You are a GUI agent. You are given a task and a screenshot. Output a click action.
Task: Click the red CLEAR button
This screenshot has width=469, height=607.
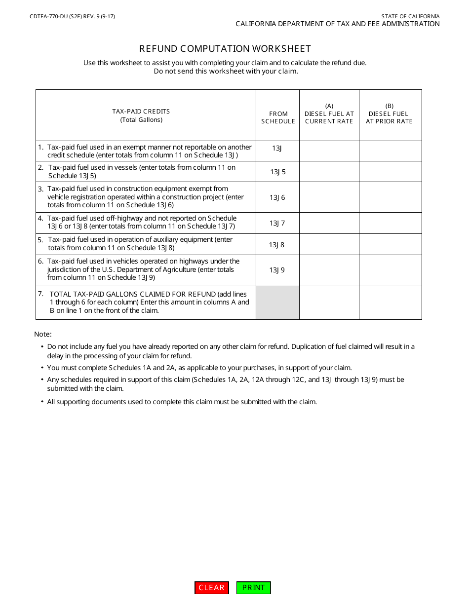(212, 588)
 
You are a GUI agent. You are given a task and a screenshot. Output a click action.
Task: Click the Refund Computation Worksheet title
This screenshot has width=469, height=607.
(225, 48)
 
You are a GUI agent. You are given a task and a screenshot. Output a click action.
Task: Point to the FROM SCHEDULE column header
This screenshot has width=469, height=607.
(278, 117)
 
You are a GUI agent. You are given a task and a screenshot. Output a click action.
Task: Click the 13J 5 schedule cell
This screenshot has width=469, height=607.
(277, 172)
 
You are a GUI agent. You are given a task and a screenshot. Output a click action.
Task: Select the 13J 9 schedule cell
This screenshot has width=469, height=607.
(277, 270)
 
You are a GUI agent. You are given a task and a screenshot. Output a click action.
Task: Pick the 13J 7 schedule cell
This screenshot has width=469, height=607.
(277, 223)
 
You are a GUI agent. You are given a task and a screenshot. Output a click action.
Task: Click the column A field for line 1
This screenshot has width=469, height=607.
(329, 151)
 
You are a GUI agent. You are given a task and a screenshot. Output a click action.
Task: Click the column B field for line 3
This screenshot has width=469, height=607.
(390, 197)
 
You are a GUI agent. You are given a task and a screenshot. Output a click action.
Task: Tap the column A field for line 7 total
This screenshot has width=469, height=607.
(329, 303)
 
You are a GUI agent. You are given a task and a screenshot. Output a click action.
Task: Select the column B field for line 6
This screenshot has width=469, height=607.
(390, 270)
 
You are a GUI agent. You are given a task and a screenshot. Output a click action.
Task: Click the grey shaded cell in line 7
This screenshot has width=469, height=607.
(277, 303)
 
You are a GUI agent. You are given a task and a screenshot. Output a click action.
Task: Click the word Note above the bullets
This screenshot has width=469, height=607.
(43, 334)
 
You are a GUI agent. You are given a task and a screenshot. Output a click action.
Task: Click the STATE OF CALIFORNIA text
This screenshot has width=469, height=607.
(410, 16)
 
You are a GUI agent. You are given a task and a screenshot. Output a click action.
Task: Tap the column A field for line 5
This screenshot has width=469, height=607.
(329, 244)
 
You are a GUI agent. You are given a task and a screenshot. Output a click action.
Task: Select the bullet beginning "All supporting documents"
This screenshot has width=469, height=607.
(182, 402)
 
